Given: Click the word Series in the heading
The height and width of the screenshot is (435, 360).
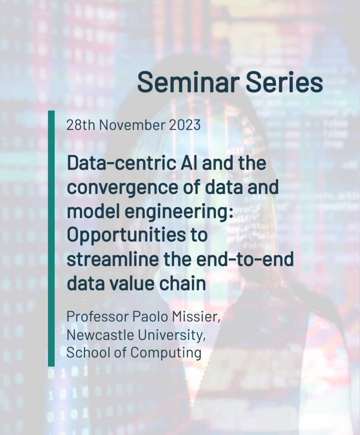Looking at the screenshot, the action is pyautogui.click(x=284, y=82).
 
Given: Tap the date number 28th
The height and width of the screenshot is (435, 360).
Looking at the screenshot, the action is pyautogui.click(x=81, y=125).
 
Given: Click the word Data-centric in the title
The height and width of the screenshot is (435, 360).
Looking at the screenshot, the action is pyautogui.click(x=122, y=163).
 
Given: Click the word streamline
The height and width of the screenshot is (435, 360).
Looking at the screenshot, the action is pyautogui.click(x=113, y=259).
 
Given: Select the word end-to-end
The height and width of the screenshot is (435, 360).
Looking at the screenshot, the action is pyautogui.click(x=245, y=259).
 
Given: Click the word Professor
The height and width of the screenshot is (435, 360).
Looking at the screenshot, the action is pyautogui.click(x=98, y=316).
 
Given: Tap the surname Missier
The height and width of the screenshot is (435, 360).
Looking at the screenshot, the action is pyautogui.click(x=196, y=316).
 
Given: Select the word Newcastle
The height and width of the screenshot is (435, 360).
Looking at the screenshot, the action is pyautogui.click(x=100, y=335).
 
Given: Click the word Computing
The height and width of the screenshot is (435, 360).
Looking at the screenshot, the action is pyautogui.click(x=166, y=353).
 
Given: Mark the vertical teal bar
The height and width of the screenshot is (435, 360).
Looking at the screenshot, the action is pyautogui.click(x=51, y=239).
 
